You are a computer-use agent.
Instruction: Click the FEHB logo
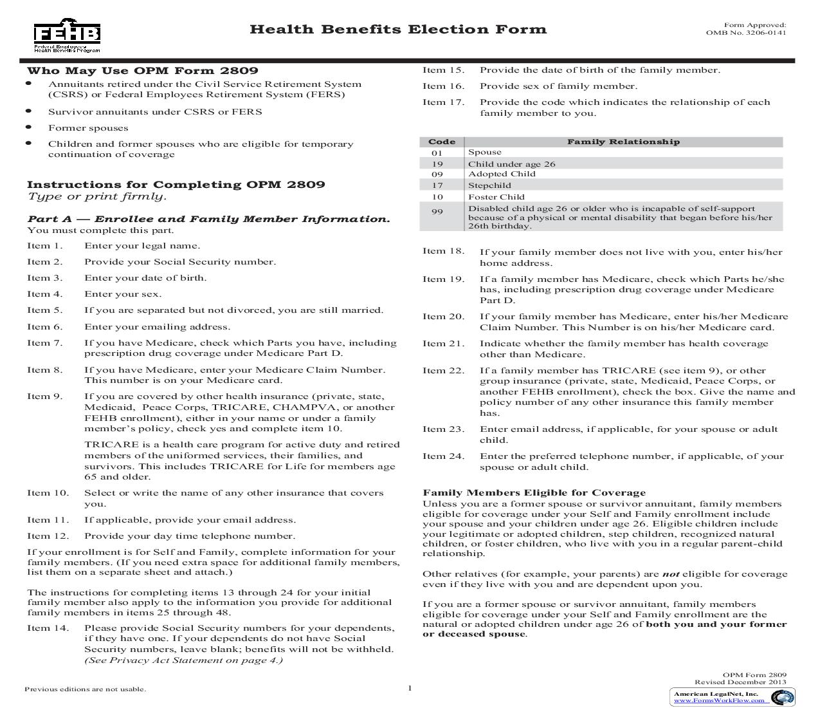tap(67, 38)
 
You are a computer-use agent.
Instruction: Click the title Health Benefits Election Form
tap(397, 30)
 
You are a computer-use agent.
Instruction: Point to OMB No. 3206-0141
tap(745, 33)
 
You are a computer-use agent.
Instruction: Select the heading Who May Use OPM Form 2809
tap(142, 71)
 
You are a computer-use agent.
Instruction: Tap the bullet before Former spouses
tap(29, 127)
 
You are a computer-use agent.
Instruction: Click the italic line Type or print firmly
tap(96, 197)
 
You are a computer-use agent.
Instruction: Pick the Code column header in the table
tap(442, 142)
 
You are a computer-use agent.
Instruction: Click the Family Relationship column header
tap(623, 142)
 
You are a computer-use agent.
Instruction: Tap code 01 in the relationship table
tap(437, 153)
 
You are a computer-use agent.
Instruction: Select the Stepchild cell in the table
tap(489, 185)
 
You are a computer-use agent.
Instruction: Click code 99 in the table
tap(437, 212)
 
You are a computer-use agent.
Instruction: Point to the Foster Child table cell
tap(496, 197)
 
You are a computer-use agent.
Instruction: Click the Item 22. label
tap(443, 371)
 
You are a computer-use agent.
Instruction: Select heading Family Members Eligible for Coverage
tap(534, 493)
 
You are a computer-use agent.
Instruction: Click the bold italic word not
tap(671, 574)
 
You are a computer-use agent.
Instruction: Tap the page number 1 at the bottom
tap(410, 688)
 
